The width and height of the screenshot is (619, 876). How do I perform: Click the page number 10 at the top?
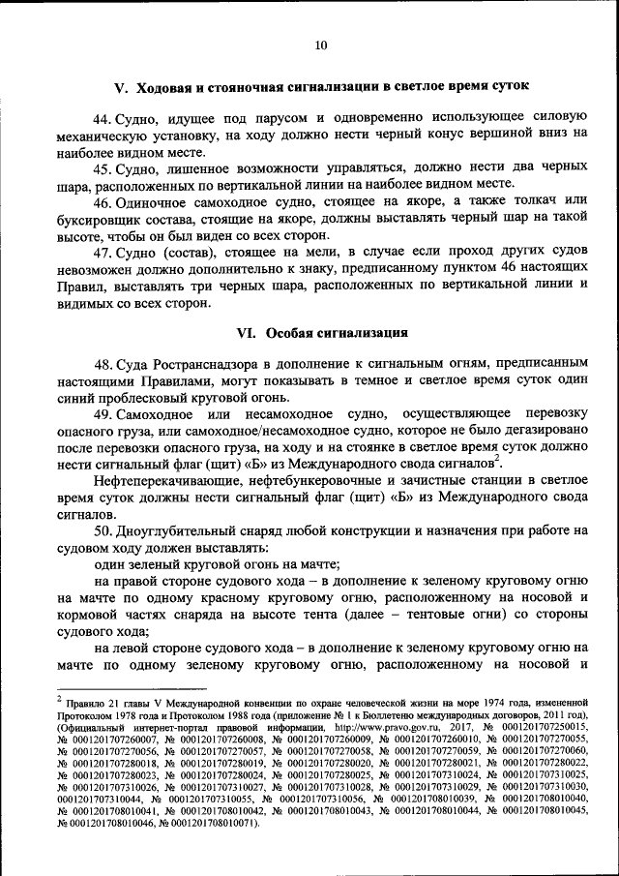pos(320,45)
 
